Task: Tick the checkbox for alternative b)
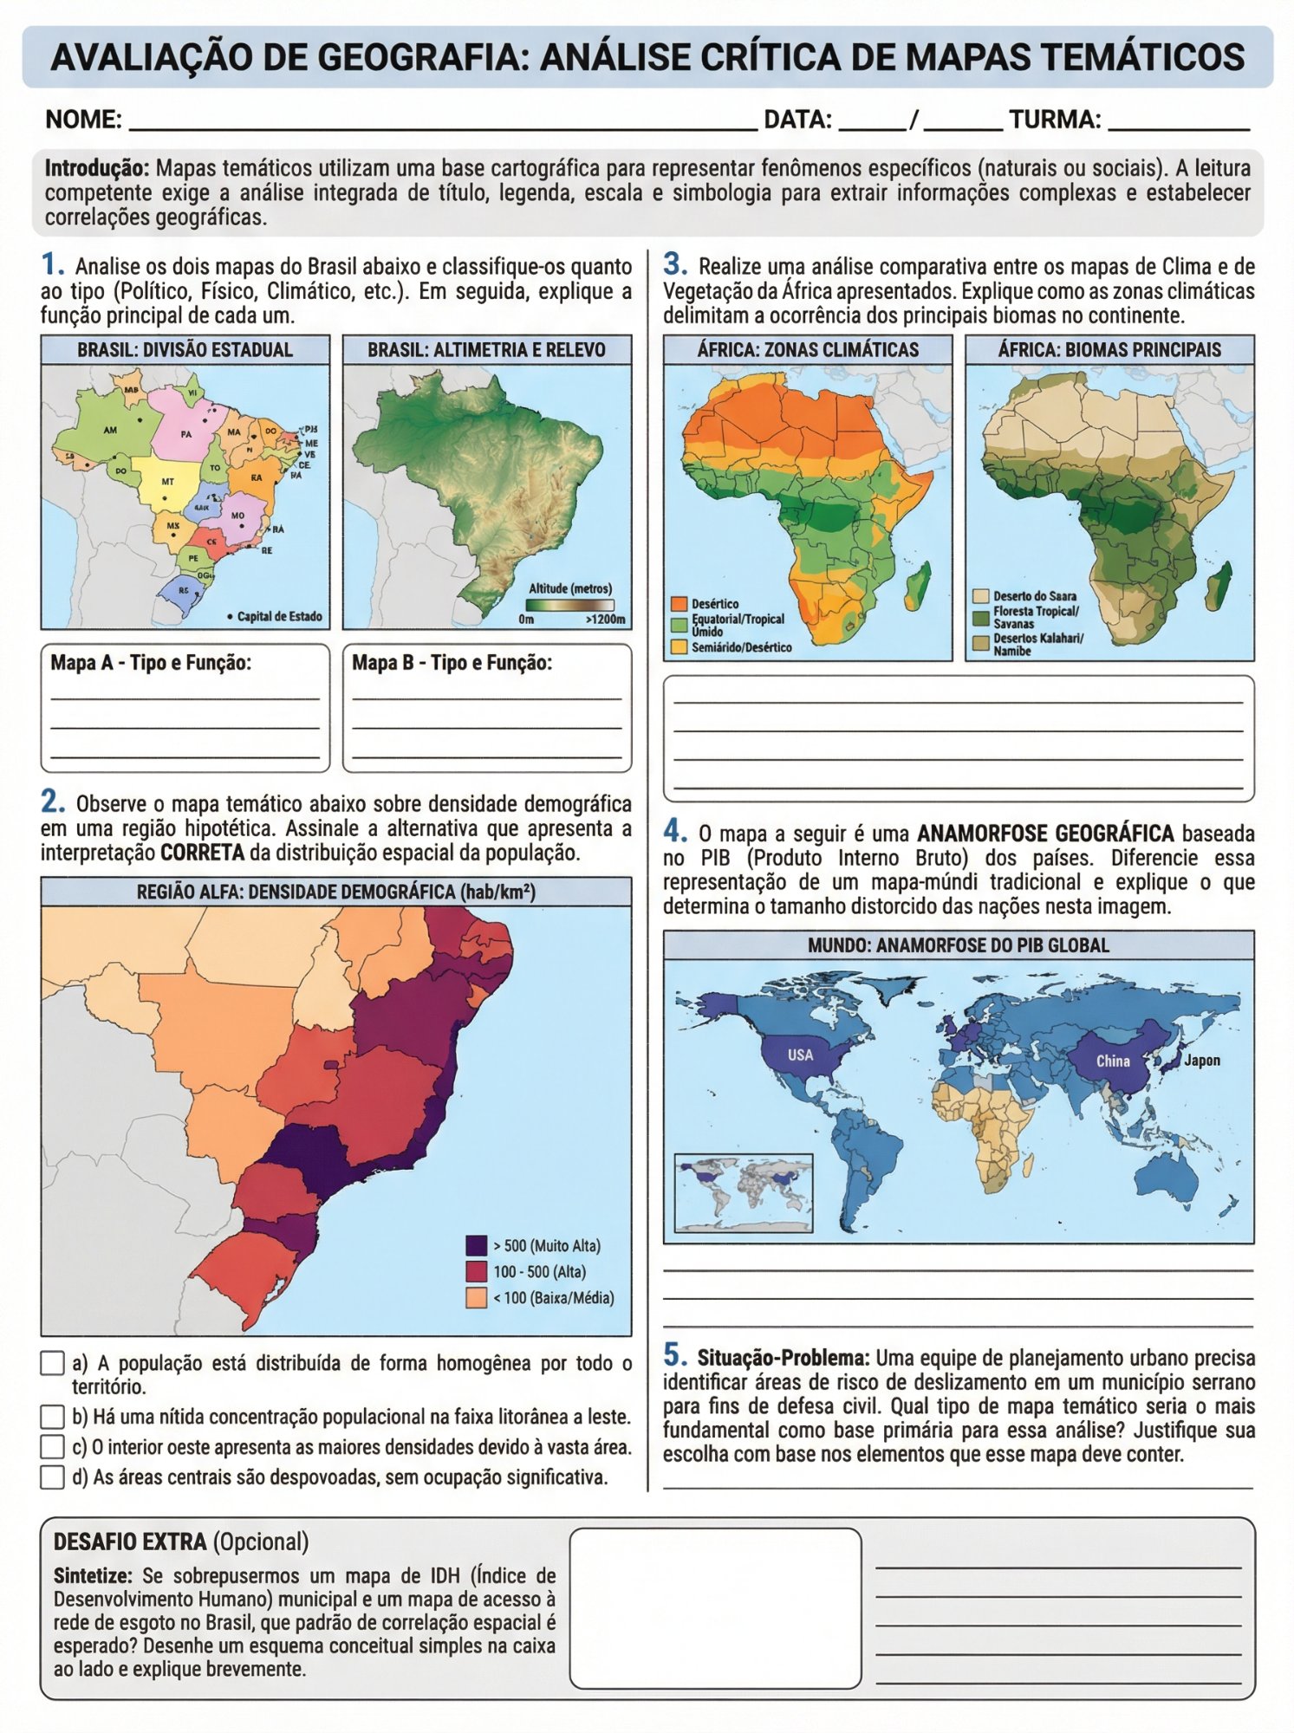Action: coord(52,1417)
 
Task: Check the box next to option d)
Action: coord(52,1477)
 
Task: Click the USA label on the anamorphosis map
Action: coord(800,1055)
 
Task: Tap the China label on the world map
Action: coord(1113,1061)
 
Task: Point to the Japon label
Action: coord(1202,1060)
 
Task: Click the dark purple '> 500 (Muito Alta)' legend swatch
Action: coord(476,1245)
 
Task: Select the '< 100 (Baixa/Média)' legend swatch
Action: coord(476,1297)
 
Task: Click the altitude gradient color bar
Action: coord(569,605)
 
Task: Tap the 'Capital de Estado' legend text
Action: coord(279,616)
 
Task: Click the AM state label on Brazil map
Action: coord(110,430)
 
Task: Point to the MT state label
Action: coord(167,481)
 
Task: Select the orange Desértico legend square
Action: coord(679,604)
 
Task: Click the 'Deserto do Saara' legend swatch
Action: coord(981,596)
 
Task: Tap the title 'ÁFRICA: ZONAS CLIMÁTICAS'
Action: coord(807,350)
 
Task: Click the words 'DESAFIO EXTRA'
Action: coord(130,1542)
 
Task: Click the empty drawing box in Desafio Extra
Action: coord(715,1607)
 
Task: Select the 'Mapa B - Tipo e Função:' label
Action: coord(452,663)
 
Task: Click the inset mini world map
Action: coord(744,1192)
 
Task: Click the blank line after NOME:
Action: coord(442,120)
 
